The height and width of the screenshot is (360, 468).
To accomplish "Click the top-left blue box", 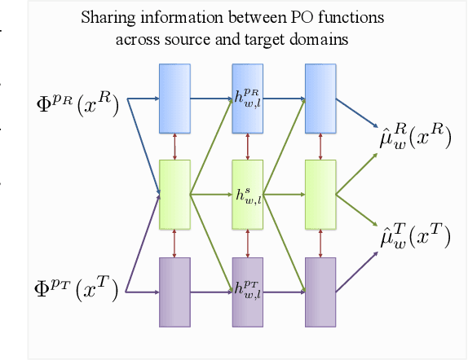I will tap(174, 98).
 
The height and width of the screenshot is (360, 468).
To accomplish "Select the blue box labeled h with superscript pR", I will tap(247, 98).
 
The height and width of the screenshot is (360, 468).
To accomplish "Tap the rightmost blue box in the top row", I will tap(320, 98).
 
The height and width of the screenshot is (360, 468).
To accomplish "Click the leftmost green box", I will tap(174, 195).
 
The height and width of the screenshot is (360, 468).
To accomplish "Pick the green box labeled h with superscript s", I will tap(247, 195).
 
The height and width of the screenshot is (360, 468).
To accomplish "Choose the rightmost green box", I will tap(320, 195).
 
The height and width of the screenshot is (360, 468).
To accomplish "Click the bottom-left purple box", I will tap(174, 291).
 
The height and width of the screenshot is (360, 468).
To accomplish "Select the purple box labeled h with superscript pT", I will tap(247, 291).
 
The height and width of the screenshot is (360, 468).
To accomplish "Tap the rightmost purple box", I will tap(320, 291).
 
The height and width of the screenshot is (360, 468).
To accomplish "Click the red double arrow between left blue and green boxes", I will tap(174, 145).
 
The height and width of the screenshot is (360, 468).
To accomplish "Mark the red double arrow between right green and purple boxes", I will tap(320, 242).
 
